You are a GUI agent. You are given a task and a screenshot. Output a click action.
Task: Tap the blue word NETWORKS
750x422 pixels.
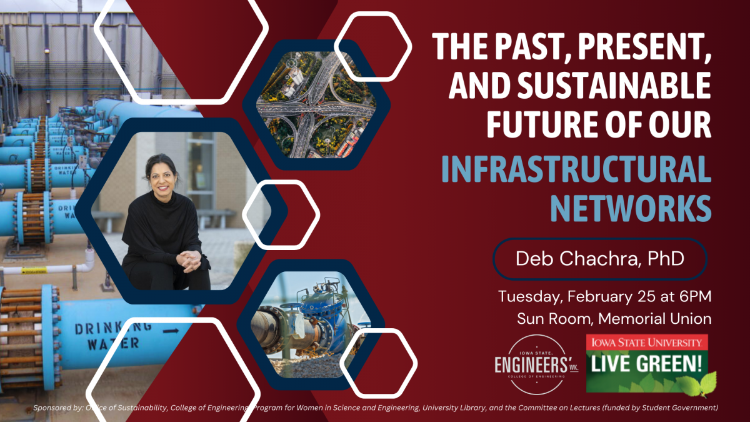pyautogui.click(x=631, y=208)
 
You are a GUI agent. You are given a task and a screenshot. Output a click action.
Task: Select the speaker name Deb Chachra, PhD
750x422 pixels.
pyautogui.click(x=599, y=259)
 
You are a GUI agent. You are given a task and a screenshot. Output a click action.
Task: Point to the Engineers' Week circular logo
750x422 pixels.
pyautogui.click(x=536, y=364)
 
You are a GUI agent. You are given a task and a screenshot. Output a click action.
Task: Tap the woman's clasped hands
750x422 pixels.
pyautogui.click(x=189, y=260)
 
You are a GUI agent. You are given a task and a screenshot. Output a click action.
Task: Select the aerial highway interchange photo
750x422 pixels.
pyautogui.click(x=316, y=104)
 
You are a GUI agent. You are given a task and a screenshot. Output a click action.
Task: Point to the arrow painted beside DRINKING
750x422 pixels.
pyautogui.click(x=171, y=331)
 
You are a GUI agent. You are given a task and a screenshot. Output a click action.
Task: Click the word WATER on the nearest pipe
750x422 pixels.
pyautogui.click(x=113, y=344)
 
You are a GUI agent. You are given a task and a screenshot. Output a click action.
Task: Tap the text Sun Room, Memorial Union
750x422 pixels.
pyautogui.click(x=614, y=318)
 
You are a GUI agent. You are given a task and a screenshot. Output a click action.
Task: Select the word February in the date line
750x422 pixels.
pyautogui.click(x=601, y=297)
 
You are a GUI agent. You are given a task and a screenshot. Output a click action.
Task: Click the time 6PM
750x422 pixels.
pyautogui.click(x=696, y=297)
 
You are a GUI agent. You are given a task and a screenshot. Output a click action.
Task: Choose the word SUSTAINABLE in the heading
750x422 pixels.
pyautogui.click(x=614, y=85)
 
